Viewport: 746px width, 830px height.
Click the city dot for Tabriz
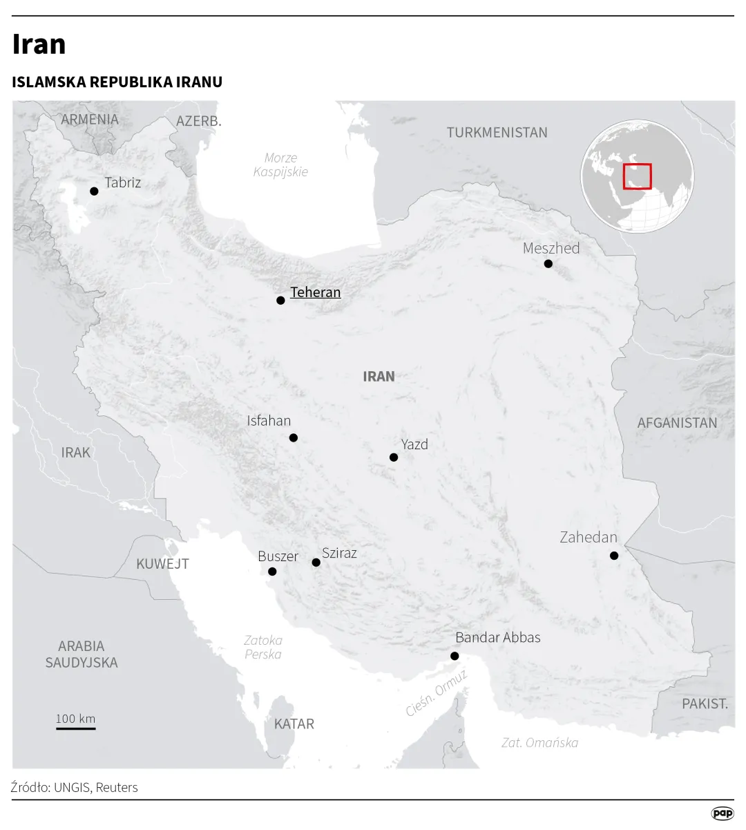[94, 191]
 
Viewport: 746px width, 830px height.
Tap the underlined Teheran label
[315, 292]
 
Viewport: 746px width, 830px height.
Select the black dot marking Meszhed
[548, 264]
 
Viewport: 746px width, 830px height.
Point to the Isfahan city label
[269, 420]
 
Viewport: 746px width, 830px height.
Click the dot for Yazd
[394, 458]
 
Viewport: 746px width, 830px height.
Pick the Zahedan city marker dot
[614, 556]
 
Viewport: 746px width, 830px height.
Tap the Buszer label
[278, 556]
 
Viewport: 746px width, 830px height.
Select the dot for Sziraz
[316, 563]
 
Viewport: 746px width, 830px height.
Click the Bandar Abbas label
[497, 637]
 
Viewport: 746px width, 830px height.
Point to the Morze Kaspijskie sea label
[280, 165]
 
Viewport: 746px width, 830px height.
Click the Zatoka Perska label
[263, 648]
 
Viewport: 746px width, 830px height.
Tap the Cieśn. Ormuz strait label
[437, 693]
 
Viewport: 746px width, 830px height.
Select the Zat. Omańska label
[539, 743]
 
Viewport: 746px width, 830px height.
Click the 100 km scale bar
[76, 728]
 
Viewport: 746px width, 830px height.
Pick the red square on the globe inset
[637, 176]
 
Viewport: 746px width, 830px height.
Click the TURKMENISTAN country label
[497, 133]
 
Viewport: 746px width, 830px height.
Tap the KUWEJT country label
[162, 564]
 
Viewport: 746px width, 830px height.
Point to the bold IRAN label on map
[379, 377]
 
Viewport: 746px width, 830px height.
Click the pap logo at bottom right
[723, 813]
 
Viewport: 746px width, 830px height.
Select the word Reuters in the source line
[117, 787]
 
